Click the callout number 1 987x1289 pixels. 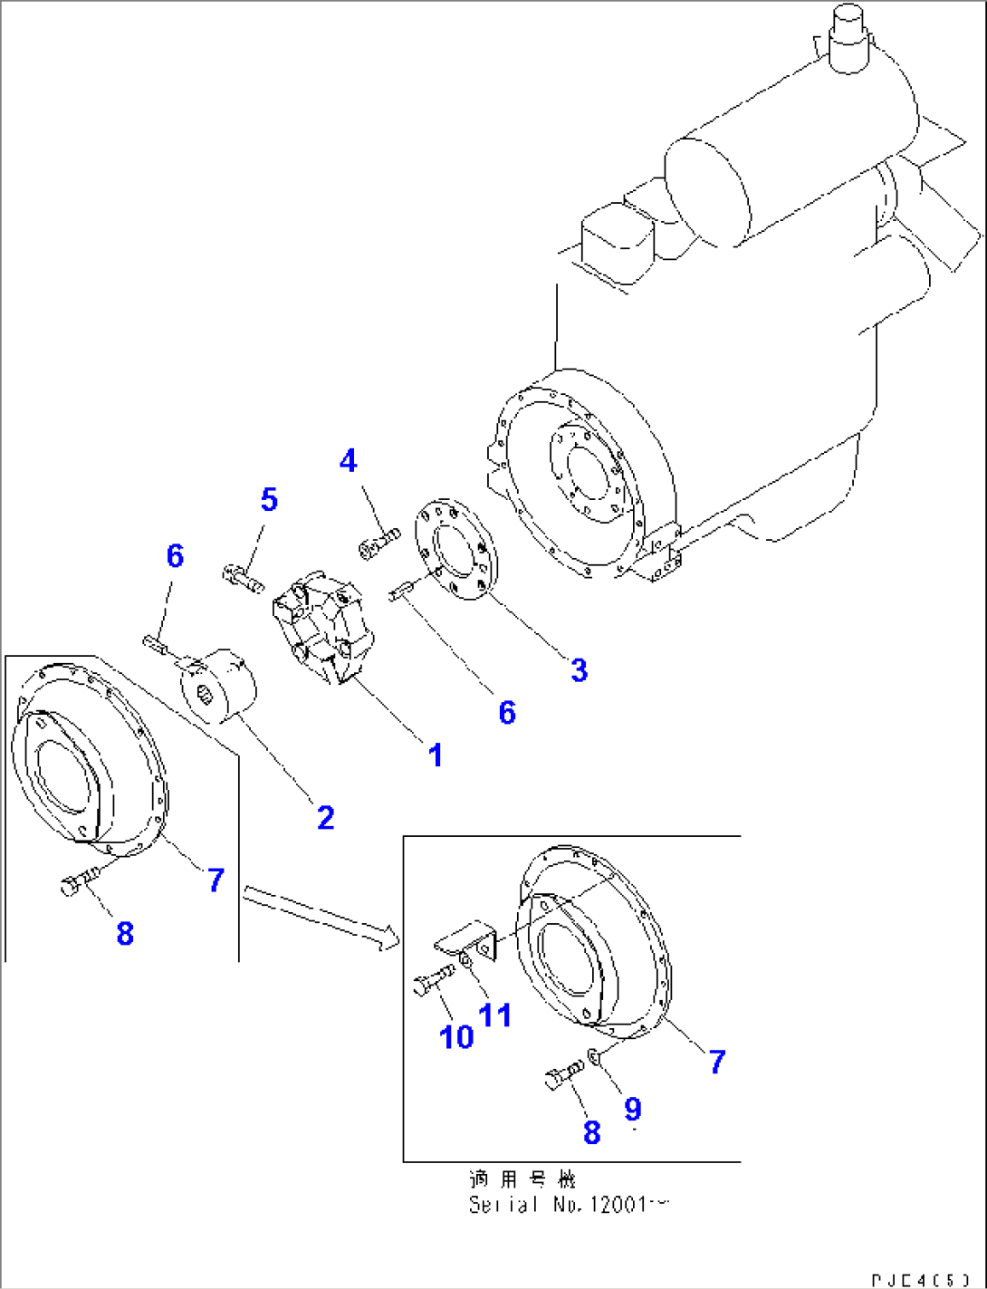[x=436, y=755]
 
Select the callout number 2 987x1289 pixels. [x=325, y=817]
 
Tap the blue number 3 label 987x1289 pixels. [x=579, y=670]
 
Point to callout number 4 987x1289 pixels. [x=349, y=461]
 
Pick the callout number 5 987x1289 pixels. [x=269, y=499]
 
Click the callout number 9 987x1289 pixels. [x=632, y=1109]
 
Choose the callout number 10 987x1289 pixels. [x=456, y=1037]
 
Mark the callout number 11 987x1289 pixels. [x=495, y=1015]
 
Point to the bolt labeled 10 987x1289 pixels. [x=432, y=980]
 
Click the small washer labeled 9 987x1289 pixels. [x=594, y=1056]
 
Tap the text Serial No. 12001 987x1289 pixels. [x=568, y=1205]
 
